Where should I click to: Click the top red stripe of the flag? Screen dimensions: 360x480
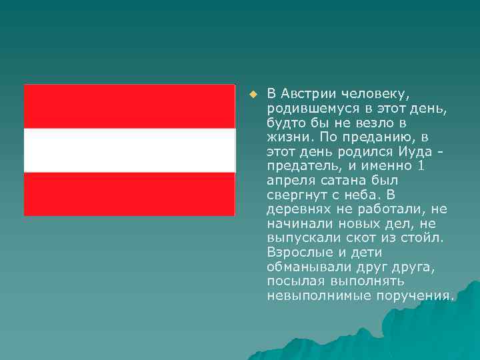coord(129,106)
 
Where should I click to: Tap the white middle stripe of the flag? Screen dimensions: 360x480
coord(129,150)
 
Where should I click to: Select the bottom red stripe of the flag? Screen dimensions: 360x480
coord(129,194)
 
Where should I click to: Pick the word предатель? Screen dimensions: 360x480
coord(302,165)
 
